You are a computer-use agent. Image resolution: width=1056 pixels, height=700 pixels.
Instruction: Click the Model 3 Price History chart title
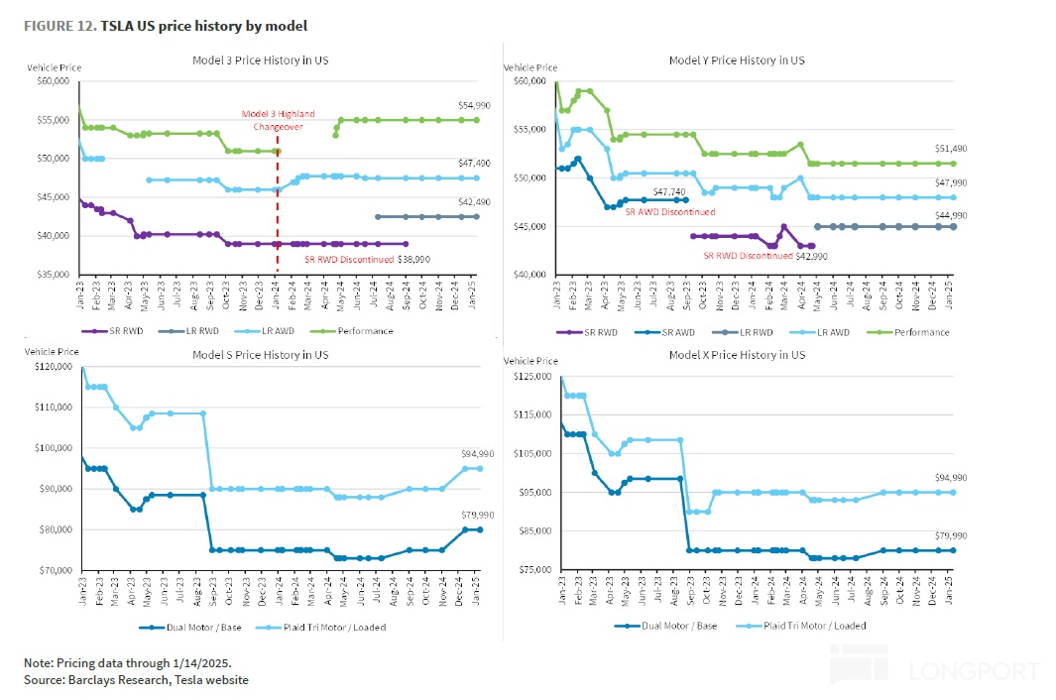(x=260, y=60)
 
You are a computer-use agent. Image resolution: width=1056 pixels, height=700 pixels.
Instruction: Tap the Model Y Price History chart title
(x=736, y=60)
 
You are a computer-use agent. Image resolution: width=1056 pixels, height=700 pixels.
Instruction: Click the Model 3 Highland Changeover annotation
(x=272, y=120)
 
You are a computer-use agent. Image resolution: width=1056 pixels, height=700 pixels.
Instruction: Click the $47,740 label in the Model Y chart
(x=670, y=191)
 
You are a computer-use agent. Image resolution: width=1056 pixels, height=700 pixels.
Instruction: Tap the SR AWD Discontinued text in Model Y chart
(x=669, y=211)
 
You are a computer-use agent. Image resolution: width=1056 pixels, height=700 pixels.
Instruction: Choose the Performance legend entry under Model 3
(x=365, y=330)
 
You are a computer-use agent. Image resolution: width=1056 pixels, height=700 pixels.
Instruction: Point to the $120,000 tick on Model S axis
(x=53, y=366)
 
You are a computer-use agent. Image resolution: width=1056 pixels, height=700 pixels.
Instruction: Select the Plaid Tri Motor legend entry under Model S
(x=331, y=627)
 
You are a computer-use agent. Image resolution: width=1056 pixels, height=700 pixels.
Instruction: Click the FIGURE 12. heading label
(x=59, y=25)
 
